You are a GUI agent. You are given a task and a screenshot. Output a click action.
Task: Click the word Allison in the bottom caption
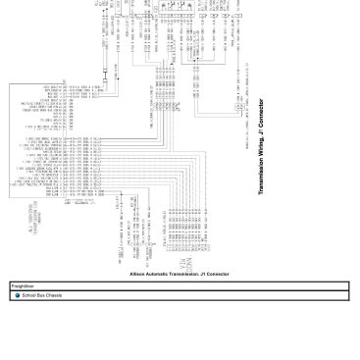coord(136,274)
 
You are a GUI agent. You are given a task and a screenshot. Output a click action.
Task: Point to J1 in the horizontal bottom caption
coord(200,274)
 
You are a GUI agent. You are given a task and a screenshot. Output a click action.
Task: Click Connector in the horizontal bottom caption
coord(217,274)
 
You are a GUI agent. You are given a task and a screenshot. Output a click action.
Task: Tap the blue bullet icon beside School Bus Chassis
coord(18,294)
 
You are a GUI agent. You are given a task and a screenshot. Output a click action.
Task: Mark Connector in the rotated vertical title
coord(262,109)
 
